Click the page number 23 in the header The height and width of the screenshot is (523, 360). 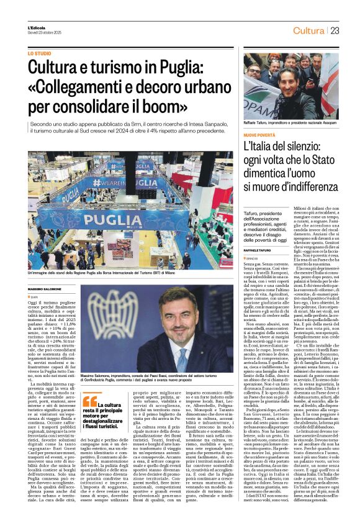(334, 30)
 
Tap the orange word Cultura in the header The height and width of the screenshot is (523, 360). (308, 30)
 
